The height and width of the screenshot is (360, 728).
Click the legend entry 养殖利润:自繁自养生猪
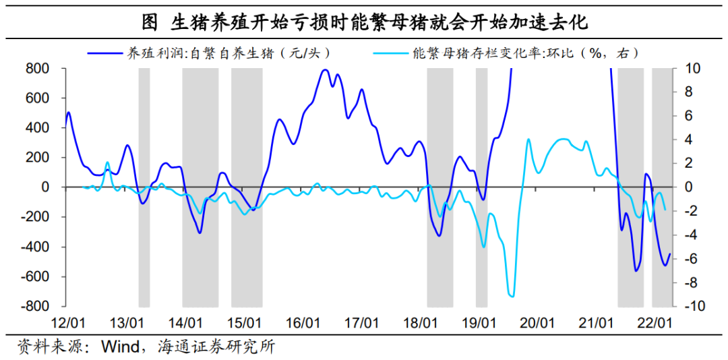(x=210, y=53)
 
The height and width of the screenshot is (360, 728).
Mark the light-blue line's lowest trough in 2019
(x=512, y=296)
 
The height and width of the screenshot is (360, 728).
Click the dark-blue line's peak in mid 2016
(x=325, y=70)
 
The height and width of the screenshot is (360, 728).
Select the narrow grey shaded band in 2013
(x=144, y=187)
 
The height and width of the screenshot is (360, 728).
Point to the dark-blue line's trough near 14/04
(x=200, y=233)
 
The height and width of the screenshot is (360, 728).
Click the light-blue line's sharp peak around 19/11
(x=528, y=139)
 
